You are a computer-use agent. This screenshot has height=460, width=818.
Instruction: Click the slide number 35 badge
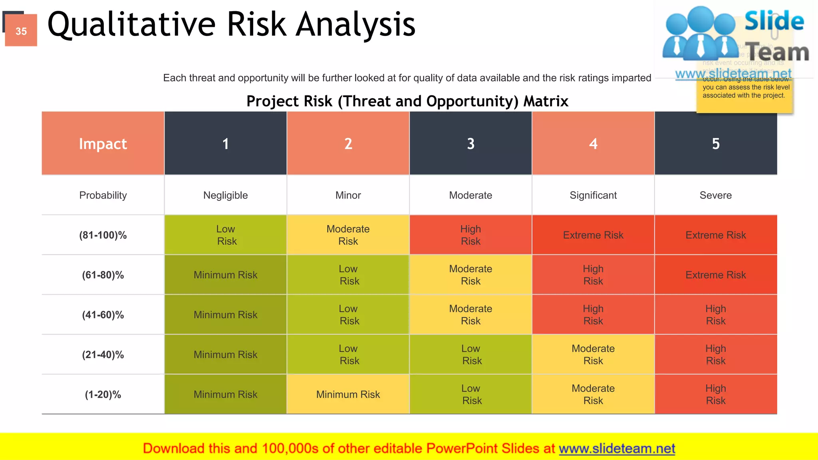point(21,31)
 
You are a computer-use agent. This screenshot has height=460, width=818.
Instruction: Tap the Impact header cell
point(103,143)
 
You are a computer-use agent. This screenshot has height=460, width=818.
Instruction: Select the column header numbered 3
point(471,143)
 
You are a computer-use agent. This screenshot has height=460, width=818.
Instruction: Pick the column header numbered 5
point(715,143)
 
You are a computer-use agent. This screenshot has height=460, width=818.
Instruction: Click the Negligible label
point(225,195)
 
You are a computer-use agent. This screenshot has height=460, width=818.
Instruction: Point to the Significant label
point(593,195)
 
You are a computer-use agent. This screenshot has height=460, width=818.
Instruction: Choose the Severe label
point(715,195)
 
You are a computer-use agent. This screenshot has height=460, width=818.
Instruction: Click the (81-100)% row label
point(103,235)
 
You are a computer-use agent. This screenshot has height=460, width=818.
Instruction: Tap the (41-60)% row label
point(103,315)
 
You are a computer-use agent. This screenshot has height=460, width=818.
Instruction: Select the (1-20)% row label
point(103,395)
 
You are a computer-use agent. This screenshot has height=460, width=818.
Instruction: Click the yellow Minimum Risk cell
point(348,395)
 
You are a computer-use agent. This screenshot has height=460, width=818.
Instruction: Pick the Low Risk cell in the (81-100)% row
point(226,235)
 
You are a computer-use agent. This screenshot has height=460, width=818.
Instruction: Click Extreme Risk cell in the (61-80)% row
point(715,275)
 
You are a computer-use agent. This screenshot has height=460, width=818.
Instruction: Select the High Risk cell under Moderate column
point(471,235)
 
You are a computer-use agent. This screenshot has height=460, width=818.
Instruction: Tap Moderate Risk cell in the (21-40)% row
point(593,355)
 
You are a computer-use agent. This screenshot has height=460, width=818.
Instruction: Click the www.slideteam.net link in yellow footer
point(617,448)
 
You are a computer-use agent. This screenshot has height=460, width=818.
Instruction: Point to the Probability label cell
point(103,195)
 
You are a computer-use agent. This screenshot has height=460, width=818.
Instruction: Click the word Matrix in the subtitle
point(546,101)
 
